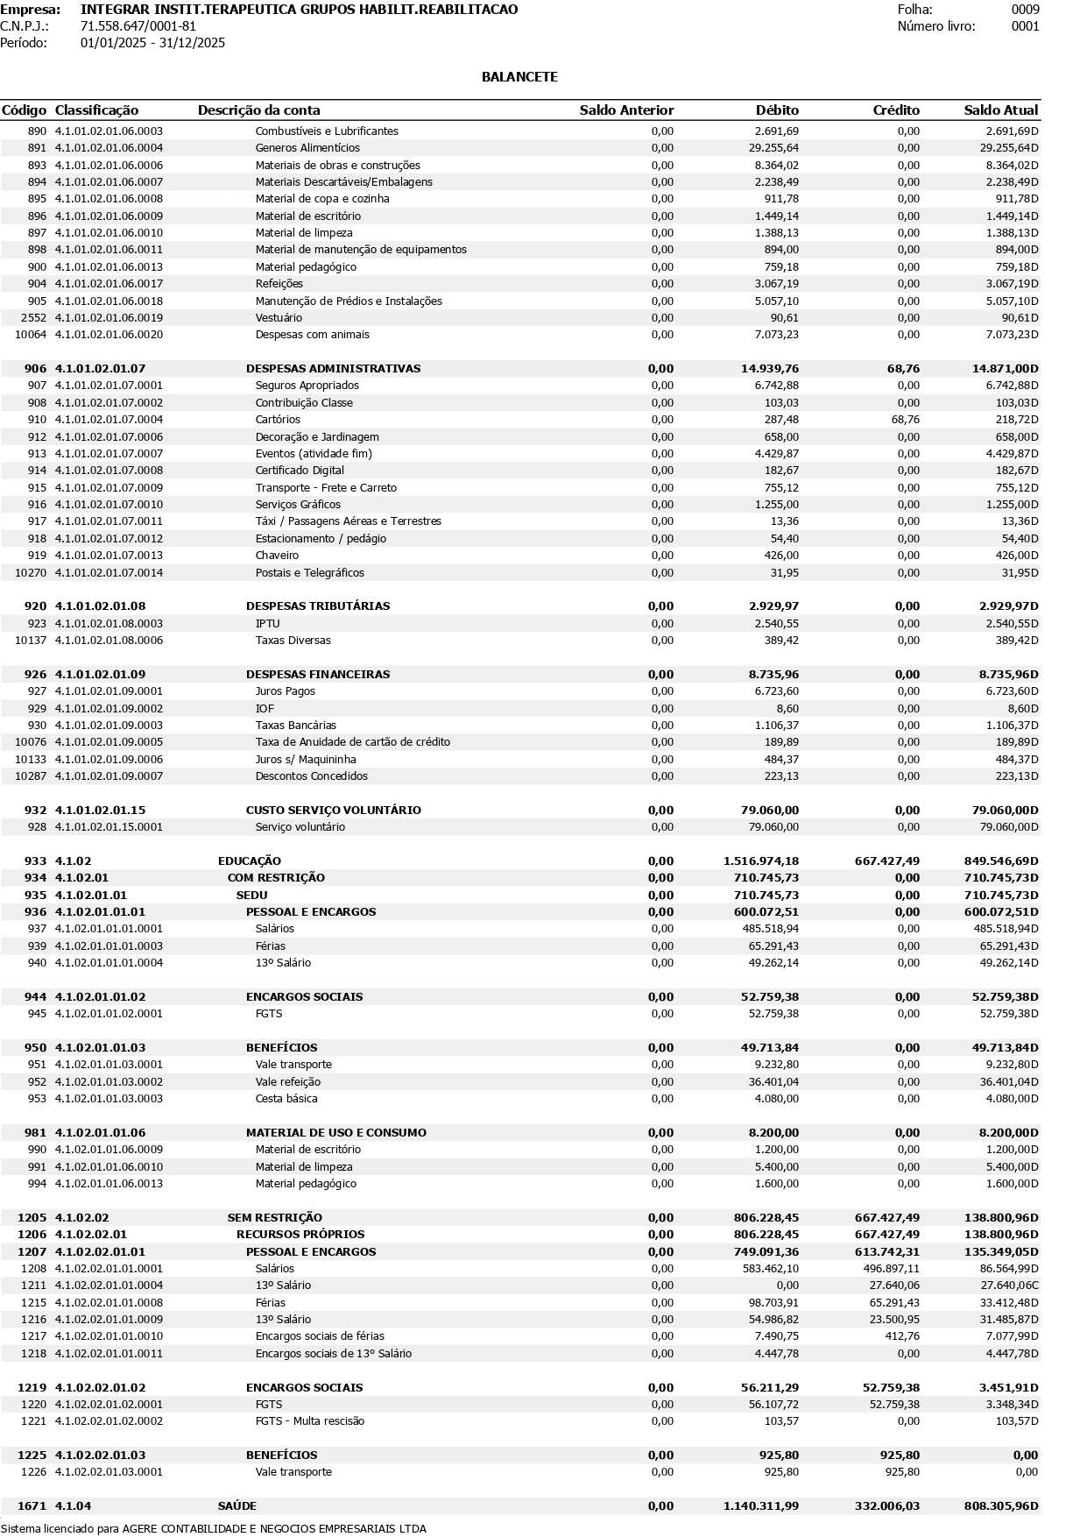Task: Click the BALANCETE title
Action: pos(519,77)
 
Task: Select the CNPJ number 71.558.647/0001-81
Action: pos(138,26)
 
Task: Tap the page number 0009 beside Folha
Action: pos(1025,10)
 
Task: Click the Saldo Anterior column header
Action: pos(626,110)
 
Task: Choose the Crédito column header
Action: pos(896,110)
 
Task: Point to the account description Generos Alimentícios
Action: pos(307,148)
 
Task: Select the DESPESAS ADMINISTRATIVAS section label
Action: pos(333,369)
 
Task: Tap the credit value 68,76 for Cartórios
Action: pos(905,420)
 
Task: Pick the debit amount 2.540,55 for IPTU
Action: pos(774,624)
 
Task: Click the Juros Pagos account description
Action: pos(286,691)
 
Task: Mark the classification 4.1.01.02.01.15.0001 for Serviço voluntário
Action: pos(109,827)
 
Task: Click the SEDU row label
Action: pos(251,896)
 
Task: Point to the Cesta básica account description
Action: pos(286,1099)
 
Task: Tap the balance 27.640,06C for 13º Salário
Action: pos(1008,1286)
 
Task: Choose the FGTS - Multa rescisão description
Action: pos(310,1421)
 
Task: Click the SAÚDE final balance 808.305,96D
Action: pos(996,1506)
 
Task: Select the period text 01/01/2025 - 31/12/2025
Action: pos(152,43)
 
